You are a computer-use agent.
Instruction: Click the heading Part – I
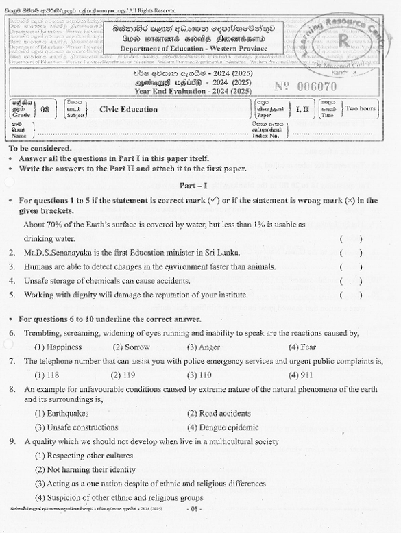point(193,186)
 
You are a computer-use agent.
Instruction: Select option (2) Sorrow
point(130,347)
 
